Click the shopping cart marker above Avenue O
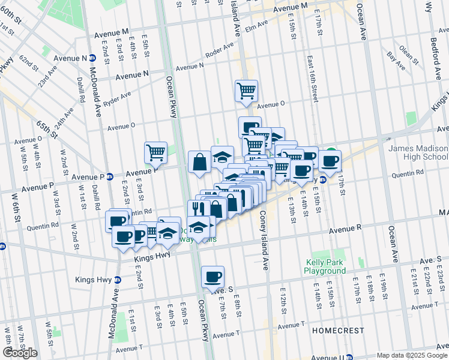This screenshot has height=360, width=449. [x=246, y=91]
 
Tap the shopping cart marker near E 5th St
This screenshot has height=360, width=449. [x=156, y=152]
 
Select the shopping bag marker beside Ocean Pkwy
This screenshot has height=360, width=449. [x=199, y=161]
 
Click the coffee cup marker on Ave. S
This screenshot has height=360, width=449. [x=212, y=277]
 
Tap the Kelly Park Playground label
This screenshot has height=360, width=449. [x=325, y=266]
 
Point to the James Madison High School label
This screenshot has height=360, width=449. [x=418, y=152]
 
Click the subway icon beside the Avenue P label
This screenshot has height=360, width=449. [x=110, y=176]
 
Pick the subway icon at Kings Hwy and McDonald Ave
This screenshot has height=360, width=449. [x=117, y=280]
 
